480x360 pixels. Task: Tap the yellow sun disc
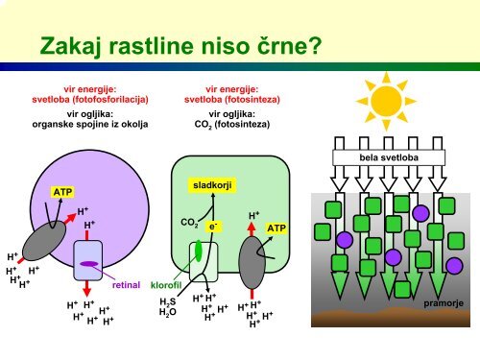pyautogui.click(x=387, y=101)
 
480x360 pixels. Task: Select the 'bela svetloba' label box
pyautogui.click(x=389, y=157)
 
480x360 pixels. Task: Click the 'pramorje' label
pyautogui.click(x=444, y=303)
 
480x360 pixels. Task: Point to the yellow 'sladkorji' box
pyautogui.click(x=212, y=185)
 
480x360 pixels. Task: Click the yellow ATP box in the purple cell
pyautogui.click(x=62, y=192)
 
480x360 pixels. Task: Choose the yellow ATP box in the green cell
pyautogui.click(x=276, y=228)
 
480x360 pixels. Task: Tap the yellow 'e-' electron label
pyautogui.click(x=213, y=227)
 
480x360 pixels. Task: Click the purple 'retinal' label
pyautogui.click(x=126, y=285)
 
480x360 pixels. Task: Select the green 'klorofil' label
pyautogui.click(x=166, y=285)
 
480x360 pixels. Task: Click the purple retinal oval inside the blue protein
pyautogui.click(x=89, y=264)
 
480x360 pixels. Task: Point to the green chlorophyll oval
pyautogui.click(x=199, y=251)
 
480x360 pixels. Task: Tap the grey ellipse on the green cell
pyautogui.click(x=252, y=262)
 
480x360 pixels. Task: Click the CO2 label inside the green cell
pyautogui.click(x=189, y=223)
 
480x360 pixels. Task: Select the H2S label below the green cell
pyautogui.click(x=168, y=301)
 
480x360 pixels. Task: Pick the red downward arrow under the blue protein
pyautogui.click(x=86, y=288)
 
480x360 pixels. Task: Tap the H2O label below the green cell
pyautogui.click(x=168, y=312)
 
